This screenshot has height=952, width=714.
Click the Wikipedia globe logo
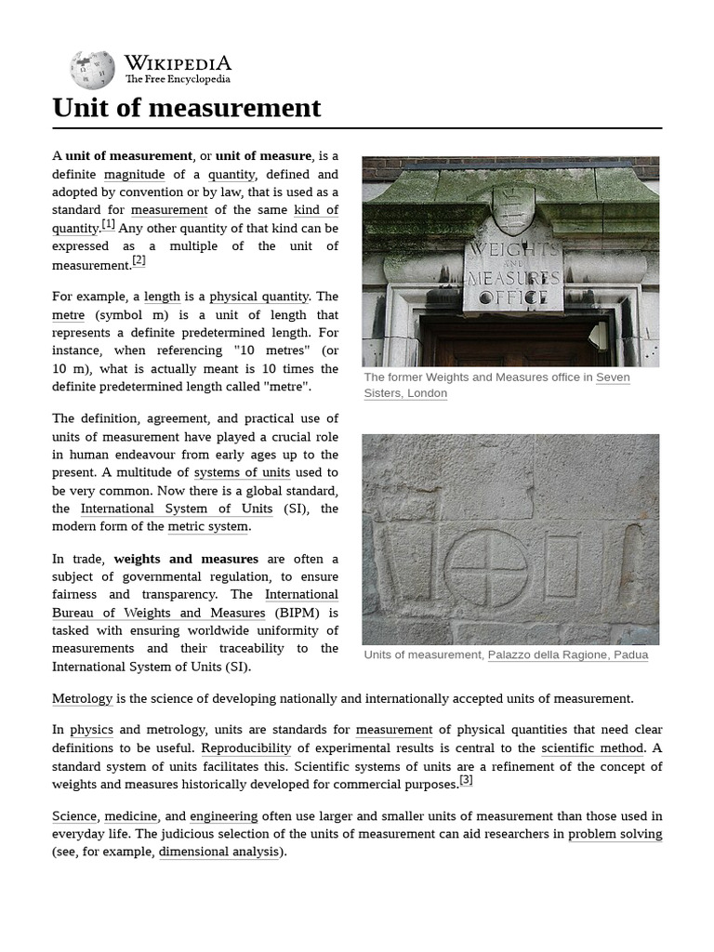[x=92, y=70]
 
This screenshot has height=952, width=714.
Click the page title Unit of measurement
[x=187, y=108]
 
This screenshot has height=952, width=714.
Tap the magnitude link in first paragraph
[x=134, y=174]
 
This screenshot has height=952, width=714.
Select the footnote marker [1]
[x=109, y=224]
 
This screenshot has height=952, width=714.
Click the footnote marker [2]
[x=139, y=260]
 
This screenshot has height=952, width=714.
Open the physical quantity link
[x=258, y=297]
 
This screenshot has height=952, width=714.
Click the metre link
[x=68, y=315]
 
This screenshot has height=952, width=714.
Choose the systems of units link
[x=242, y=472]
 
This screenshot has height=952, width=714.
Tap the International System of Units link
[x=177, y=509]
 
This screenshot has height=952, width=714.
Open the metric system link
[x=209, y=526]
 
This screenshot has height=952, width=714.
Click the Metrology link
[x=82, y=698]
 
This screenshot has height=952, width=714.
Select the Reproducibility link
[x=246, y=747]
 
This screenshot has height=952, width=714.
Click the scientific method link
[x=592, y=747]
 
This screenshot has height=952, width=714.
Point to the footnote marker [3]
[x=466, y=780]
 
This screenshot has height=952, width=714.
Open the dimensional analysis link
[x=218, y=852]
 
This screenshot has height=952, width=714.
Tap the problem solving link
[x=615, y=834]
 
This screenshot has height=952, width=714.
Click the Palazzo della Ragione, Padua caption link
[x=567, y=654]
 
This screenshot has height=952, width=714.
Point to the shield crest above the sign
[x=512, y=209]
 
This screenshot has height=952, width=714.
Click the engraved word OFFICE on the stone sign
[x=513, y=297]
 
